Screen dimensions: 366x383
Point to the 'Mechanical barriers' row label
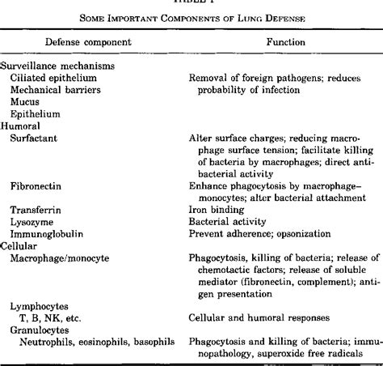[53, 91]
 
